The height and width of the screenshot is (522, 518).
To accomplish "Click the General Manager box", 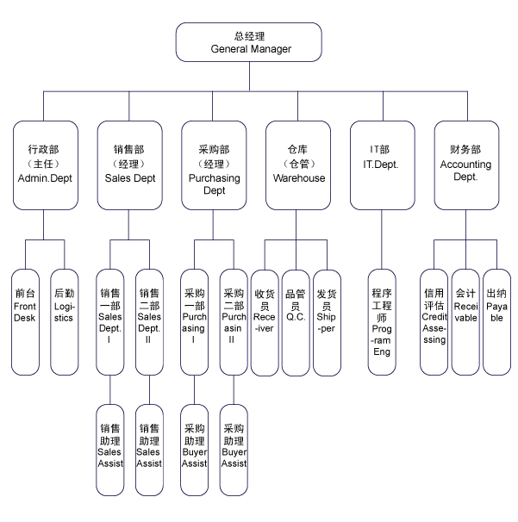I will tap(249, 43).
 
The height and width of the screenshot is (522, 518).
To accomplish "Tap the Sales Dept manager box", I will tap(129, 165).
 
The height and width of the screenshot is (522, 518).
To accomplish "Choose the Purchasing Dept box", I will tap(214, 165).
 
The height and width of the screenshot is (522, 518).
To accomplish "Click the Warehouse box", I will tap(298, 165).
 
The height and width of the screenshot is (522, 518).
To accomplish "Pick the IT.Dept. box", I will tap(381, 165).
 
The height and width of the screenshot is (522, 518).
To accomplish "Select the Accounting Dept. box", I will tap(465, 165).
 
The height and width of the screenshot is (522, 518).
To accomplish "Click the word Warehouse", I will tap(299, 178).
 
